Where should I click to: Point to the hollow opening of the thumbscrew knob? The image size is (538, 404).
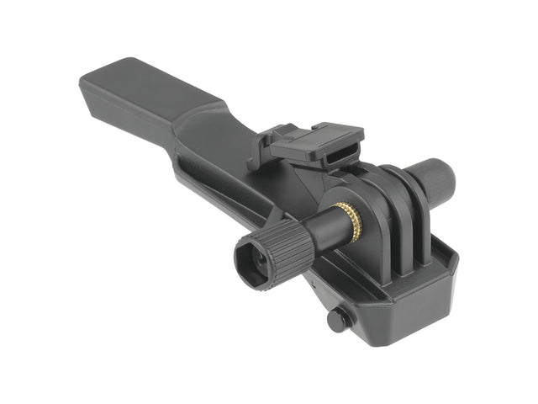pyautogui.click(x=251, y=263)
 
